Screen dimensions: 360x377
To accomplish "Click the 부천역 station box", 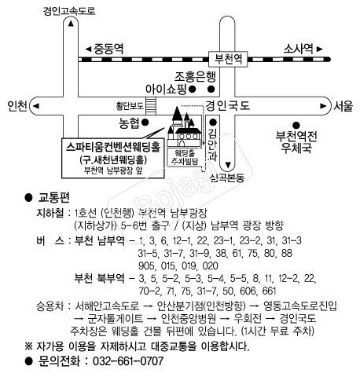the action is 228,59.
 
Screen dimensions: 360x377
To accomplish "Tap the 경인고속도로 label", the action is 69,11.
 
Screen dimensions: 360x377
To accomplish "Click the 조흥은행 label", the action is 196,77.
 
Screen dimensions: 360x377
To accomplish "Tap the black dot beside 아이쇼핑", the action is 193,90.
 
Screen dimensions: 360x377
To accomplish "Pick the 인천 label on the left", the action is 17,106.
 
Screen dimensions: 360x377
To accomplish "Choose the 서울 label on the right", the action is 343,106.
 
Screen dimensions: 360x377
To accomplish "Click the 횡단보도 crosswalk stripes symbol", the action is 151,106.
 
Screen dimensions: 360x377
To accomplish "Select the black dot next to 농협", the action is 145,123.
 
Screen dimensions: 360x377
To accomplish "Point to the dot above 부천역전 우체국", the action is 296,126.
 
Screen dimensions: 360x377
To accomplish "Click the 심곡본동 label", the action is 227,178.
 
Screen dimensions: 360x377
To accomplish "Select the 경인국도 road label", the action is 228,106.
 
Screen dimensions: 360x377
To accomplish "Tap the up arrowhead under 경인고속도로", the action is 71,24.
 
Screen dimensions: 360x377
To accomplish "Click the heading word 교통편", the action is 54,198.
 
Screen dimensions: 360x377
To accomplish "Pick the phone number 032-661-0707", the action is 128,361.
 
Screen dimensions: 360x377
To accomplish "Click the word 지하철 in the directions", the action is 50,213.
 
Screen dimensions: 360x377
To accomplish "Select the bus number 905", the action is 147,266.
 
